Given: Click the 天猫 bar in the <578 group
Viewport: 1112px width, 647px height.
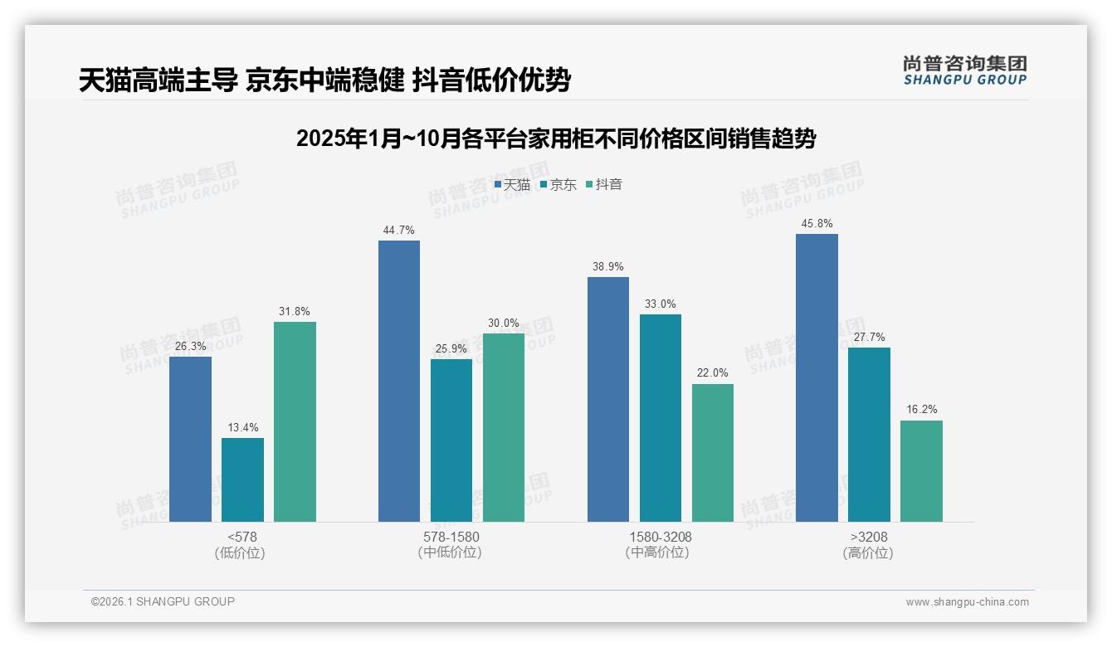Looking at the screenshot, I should point(190,439).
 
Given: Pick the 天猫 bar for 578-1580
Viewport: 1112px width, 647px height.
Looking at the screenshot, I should point(399,381).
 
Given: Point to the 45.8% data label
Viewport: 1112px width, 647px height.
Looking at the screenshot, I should point(817,224).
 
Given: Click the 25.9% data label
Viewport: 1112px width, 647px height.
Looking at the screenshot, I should point(451,348).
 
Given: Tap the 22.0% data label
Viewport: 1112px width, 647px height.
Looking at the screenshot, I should point(712,373).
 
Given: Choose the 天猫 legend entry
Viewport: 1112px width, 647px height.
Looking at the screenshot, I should point(512,184).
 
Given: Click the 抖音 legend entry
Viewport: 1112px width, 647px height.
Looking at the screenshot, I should point(604,184).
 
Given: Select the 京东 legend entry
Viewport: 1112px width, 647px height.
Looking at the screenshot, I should point(558,184).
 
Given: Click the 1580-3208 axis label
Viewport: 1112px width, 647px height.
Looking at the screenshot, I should point(660,537).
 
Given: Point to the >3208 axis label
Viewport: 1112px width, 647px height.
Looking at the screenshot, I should point(868,537).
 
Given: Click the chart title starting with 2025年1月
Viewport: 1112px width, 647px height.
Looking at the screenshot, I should point(556,139).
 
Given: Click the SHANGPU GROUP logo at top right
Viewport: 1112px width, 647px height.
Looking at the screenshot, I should point(964,71).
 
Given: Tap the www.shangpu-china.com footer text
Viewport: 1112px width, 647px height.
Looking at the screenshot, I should point(967,602).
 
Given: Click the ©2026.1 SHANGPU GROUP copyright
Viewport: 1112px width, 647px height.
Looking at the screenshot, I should point(163,601).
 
